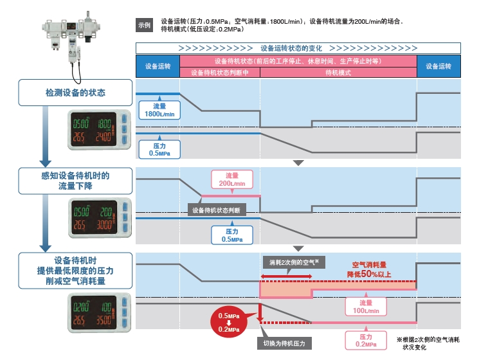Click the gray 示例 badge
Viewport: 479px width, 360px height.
[x=144, y=25]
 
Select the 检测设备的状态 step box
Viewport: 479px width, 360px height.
[x=71, y=93]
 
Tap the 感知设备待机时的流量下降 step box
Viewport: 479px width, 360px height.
[x=71, y=181]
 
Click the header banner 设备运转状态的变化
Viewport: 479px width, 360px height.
[x=298, y=48]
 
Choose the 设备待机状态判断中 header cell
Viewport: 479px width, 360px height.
[x=220, y=73]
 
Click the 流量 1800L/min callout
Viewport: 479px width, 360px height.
[x=160, y=110]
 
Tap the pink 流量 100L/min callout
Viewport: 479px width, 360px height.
[x=366, y=306]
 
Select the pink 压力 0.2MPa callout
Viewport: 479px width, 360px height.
[x=365, y=340]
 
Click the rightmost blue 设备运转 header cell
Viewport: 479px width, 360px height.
[x=439, y=66]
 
